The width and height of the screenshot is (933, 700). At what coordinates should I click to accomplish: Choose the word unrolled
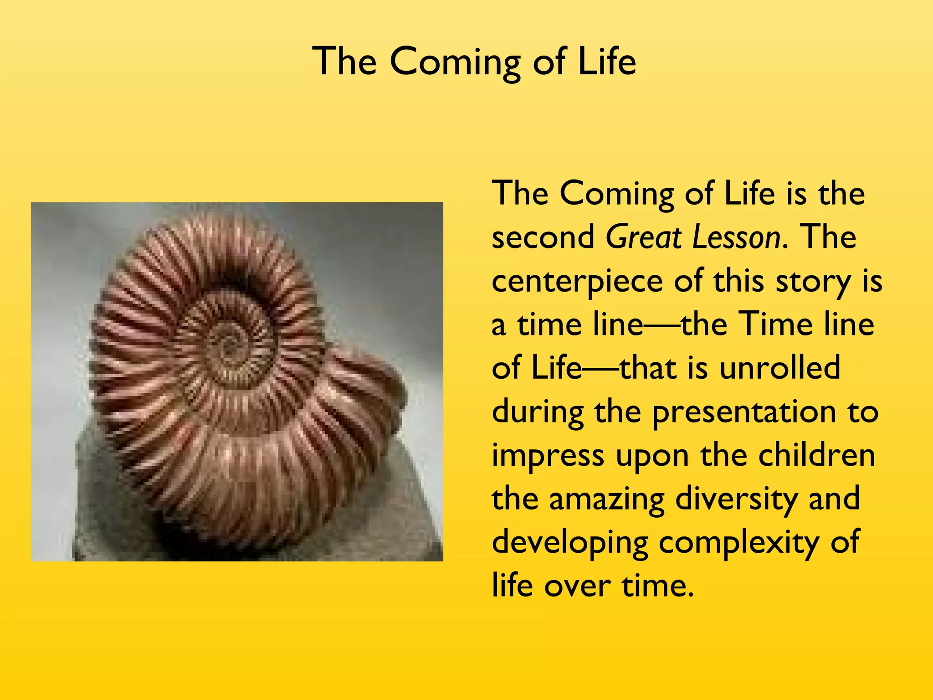click(x=779, y=368)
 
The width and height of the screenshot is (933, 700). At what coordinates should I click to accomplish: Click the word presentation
click(x=744, y=412)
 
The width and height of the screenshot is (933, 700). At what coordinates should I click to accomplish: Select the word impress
click(x=548, y=456)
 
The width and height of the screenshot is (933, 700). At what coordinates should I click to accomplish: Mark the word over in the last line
click(x=577, y=586)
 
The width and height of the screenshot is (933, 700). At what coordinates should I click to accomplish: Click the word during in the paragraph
click(x=538, y=412)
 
